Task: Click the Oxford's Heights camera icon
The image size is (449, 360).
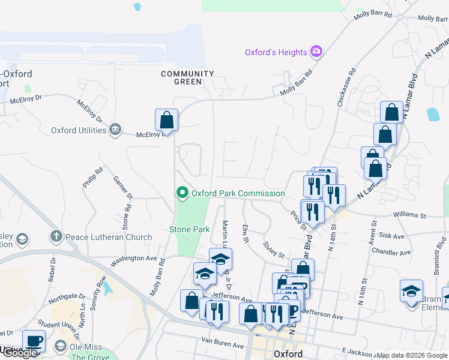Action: [x=316, y=52]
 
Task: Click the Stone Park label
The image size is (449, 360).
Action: [x=189, y=229]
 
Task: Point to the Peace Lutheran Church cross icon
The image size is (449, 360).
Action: [x=56, y=237]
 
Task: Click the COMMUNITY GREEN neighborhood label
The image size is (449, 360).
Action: [x=187, y=78]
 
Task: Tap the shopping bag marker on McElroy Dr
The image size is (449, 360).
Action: [x=166, y=120]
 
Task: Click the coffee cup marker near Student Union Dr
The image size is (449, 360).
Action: [x=34, y=341]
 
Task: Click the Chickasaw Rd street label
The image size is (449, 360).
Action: [x=346, y=88]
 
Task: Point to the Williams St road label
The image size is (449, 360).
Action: [x=409, y=215]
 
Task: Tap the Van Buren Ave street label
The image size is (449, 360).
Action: [x=222, y=346]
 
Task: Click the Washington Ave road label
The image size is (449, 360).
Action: [x=133, y=258]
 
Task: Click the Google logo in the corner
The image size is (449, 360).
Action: [x=19, y=353]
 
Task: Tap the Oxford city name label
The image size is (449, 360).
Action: [x=288, y=354]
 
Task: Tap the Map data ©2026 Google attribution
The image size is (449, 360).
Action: [x=412, y=355]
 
